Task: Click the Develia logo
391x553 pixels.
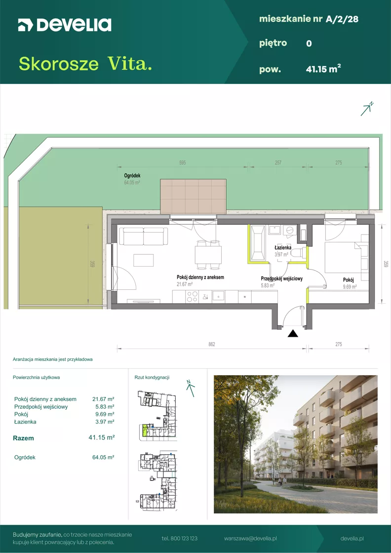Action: [65, 25]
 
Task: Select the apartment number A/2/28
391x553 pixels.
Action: [342, 19]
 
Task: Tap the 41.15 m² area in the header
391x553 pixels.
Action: [323, 69]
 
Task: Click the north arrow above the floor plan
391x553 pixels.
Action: [367, 109]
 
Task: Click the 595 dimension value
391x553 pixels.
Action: [182, 162]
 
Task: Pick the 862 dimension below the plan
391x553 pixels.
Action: [211, 344]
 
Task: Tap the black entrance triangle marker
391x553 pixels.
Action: [293, 333]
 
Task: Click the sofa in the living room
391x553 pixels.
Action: [143, 237]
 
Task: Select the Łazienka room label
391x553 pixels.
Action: [283, 247]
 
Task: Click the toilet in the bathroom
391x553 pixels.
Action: [298, 252]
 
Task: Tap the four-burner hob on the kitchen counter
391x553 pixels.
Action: [192, 297]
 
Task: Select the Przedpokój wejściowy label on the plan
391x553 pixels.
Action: [281, 278]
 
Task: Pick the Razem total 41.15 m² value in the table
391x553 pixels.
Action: [102, 437]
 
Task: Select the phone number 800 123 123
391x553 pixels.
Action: [180, 539]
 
